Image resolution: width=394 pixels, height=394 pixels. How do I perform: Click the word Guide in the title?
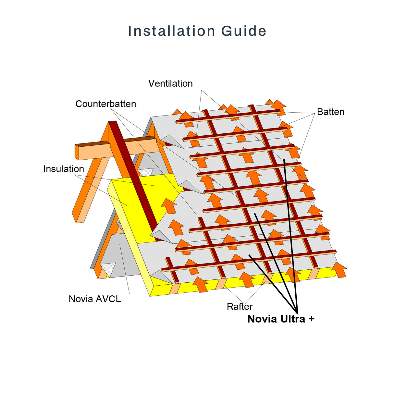pos(244,31)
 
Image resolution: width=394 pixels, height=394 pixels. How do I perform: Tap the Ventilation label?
pos(170,83)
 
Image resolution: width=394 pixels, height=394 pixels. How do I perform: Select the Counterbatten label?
pos(106,104)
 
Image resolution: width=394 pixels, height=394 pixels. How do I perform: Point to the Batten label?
pos(331,112)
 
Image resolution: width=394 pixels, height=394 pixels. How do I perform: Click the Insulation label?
pos(64,169)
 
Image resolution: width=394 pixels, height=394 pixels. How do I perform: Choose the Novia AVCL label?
pos(95,299)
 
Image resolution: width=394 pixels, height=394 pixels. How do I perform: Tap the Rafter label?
pos(240,306)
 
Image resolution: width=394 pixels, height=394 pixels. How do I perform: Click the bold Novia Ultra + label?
pos(281,319)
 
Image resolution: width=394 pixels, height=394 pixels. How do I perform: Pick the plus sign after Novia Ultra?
pos(311,319)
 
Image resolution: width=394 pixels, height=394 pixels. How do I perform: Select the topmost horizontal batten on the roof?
pos(228,117)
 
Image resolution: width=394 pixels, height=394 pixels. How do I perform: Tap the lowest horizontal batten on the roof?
pos(249,261)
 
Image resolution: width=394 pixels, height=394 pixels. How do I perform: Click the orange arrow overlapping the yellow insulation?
pos(169,206)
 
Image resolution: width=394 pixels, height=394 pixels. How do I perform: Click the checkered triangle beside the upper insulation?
pos(146,172)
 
